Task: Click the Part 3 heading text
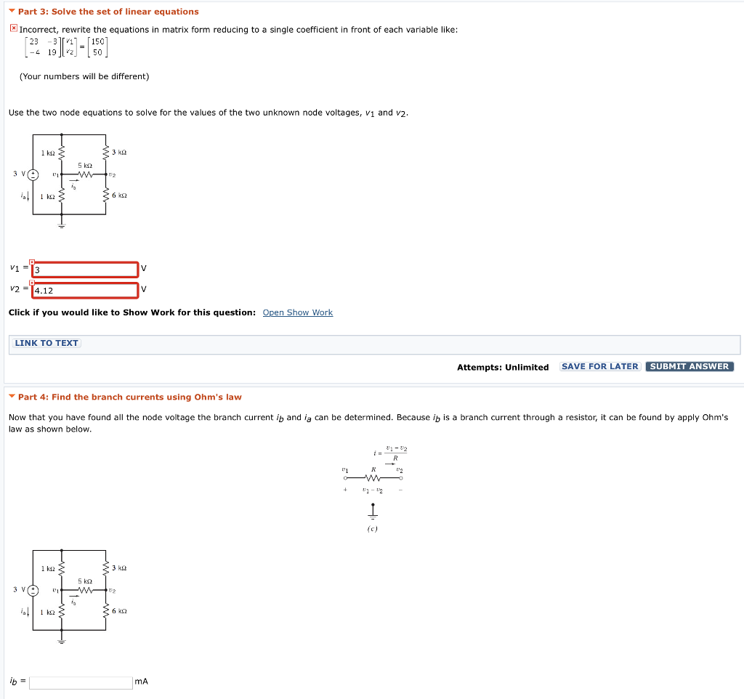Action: click(108, 12)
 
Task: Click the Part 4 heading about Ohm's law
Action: click(129, 397)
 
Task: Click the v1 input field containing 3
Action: click(86, 270)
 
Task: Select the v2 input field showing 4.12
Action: click(86, 291)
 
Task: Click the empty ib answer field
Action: click(81, 682)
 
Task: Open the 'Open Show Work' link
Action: click(297, 312)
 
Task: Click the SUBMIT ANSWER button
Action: click(689, 366)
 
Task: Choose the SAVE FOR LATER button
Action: click(599, 366)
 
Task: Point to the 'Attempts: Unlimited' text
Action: click(502, 367)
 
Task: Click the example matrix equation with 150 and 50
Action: click(65, 47)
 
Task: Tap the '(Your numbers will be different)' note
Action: click(84, 76)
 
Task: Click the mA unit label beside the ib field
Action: click(141, 682)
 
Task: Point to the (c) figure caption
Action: click(372, 529)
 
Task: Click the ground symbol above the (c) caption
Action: click(372, 513)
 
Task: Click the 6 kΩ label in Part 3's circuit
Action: click(120, 195)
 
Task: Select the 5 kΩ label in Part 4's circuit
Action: click(84, 581)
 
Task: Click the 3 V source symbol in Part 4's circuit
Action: click(33, 589)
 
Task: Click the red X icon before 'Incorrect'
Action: click(13, 28)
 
